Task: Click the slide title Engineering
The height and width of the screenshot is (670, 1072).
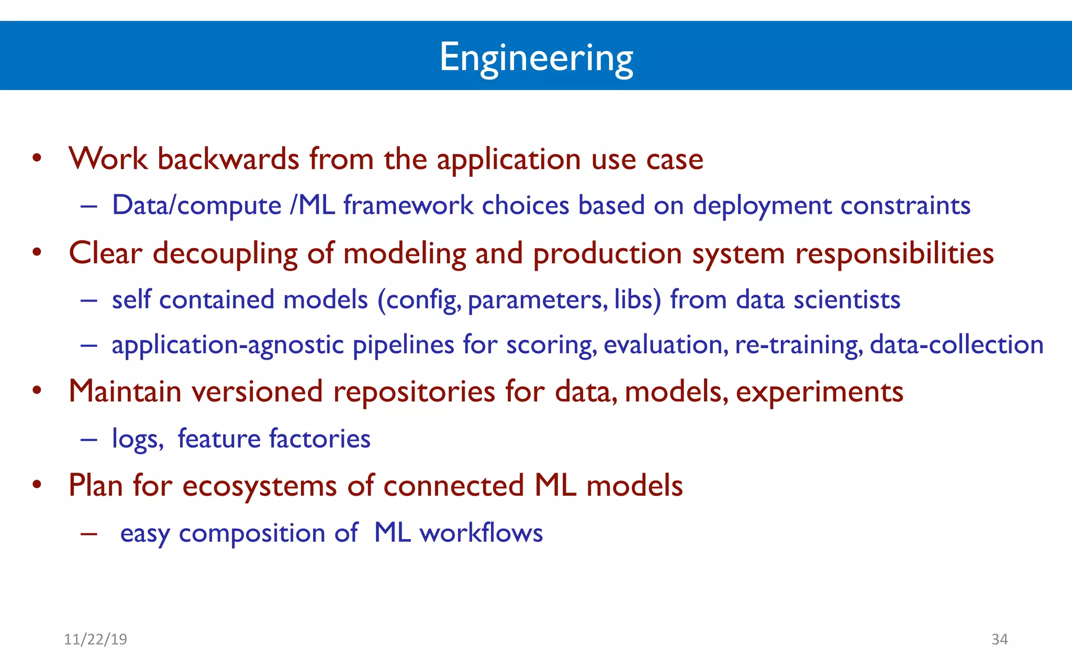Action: point(536,58)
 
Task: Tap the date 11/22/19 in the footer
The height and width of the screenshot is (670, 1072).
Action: point(95,639)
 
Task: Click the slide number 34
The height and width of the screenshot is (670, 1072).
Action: point(999,639)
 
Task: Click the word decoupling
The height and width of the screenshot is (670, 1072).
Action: point(225,254)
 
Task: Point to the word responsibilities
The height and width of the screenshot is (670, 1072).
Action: point(894,254)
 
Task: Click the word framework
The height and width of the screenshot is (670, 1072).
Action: point(408,205)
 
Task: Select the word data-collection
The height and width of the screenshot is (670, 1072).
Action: point(956,345)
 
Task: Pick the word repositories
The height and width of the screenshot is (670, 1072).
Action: point(414,392)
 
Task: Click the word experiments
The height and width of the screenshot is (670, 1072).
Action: point(819,392)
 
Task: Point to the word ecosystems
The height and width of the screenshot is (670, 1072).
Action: point(259,486)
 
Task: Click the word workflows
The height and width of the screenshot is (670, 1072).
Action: point(481,533)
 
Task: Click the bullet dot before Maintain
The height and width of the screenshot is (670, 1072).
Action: point(37,391)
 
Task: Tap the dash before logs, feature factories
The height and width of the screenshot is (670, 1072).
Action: point(89,439)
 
